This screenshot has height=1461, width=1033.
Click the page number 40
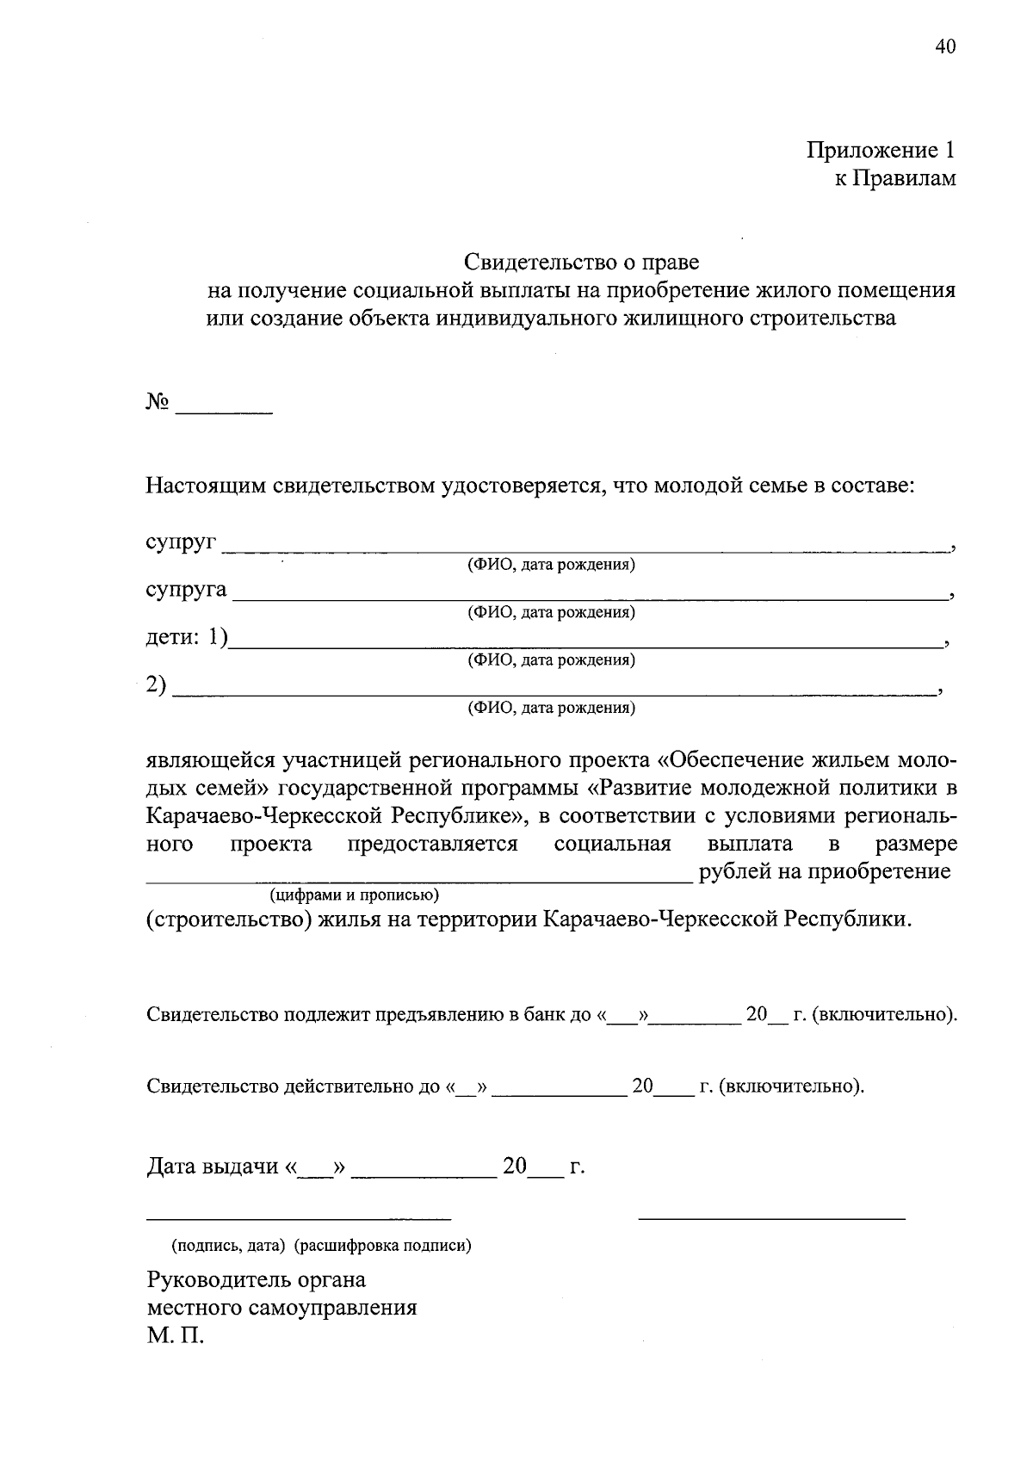944,46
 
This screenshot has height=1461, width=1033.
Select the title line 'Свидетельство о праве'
582,261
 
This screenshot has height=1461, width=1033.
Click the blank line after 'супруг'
585,548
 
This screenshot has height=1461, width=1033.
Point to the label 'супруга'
186,590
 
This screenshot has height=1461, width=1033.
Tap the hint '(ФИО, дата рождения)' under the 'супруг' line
551,566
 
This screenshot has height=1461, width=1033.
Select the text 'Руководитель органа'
257,1280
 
